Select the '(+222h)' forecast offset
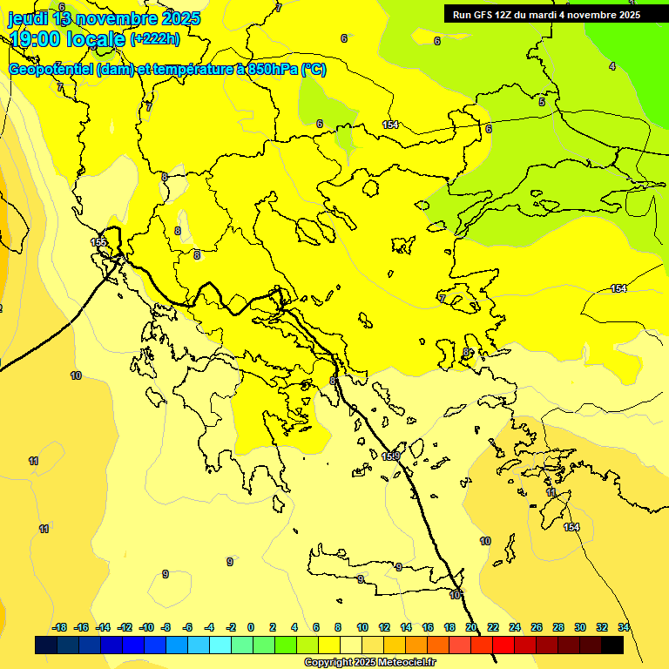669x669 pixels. pos(155,39)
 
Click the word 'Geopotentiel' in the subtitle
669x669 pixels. pos(51,70)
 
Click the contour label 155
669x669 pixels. pos(98,242)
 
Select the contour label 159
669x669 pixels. pos(391,456)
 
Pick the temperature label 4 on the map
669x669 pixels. pos(612,66)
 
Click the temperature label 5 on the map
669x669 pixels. pos(542,102)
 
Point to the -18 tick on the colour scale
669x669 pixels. pos(59,627)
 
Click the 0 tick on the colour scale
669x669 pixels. pos(251,627)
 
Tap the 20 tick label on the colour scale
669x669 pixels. pos(471,627)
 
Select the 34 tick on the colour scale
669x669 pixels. pos(624,627)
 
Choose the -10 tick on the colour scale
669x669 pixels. pos(146,627)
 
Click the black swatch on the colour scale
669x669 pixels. pos(612,645)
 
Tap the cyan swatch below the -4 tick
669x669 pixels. pos(220,645)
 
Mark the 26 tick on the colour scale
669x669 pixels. pos(537,627)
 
